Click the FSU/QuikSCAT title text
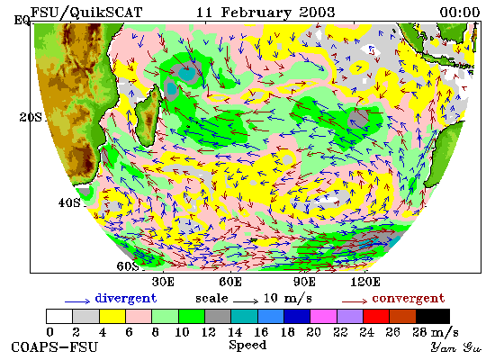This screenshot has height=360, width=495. tap(86, 13)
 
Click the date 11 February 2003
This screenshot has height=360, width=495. tap(265, 13)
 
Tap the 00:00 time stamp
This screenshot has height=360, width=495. tap(460, 13)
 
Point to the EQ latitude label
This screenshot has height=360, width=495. tap(22, 21)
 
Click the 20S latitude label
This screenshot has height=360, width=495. tap(31, 118)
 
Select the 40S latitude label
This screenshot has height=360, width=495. tap(69, 202)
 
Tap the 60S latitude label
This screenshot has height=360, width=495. tap(128, 266)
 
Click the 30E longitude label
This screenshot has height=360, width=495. tap(163, 282)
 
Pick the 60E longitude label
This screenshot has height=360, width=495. tap(230, 282)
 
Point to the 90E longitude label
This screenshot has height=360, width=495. tap(304, 282)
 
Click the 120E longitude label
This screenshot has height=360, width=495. tap(365, 282)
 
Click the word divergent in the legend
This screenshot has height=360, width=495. tap(126, 299)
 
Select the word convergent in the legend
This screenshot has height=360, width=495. tap(409, 299)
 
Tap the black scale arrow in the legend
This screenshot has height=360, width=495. tap(246, 301)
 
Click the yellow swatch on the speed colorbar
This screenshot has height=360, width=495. tap(112, 317)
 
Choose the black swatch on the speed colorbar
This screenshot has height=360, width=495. tap(433, 317)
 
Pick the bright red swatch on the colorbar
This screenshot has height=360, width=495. tap(376, 317)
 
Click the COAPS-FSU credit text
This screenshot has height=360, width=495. tap(54, 347)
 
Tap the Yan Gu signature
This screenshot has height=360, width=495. tap(456, 347)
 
